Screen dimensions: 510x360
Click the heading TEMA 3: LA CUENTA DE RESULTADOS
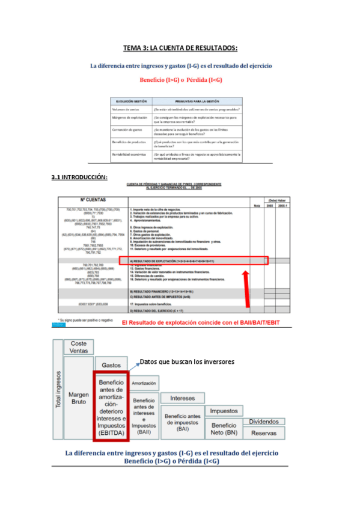coord(180,48)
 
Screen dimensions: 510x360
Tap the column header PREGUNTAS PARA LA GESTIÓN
coord(197,101)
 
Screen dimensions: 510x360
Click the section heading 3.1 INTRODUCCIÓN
coord(80,177)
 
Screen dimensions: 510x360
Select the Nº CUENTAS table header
coord(93,200)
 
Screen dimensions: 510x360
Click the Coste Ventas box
coord(79,347)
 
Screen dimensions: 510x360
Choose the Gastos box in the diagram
coord(111,364)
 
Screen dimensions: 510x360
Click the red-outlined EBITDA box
coord(111,406)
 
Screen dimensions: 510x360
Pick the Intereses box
coord(183,398)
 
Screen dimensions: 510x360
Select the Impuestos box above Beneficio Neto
coord(223,411)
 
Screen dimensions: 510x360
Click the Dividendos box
coord(264,422)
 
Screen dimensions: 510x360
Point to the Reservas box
coord(264,433)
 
